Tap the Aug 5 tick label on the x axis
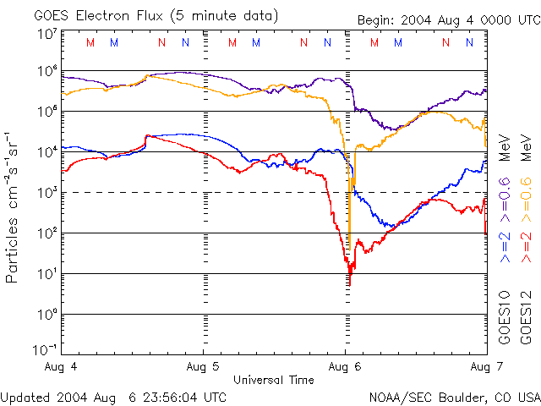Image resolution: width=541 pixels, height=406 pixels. (203, 367)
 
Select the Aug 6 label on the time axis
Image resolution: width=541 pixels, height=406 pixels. (345, 367)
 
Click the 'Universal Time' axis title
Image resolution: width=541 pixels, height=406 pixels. (273, 380)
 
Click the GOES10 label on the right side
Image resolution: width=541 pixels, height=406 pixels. (505, 316)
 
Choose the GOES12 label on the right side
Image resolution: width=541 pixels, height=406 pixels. (524, 316)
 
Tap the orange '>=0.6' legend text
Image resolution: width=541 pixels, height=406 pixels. (524, 195)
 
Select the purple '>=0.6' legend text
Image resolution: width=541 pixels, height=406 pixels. (505, 195)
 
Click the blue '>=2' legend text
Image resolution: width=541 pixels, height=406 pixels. (505, 246)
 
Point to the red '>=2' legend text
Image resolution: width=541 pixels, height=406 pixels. (524, 246)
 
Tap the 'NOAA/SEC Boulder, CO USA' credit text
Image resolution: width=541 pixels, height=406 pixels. (454, 397)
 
